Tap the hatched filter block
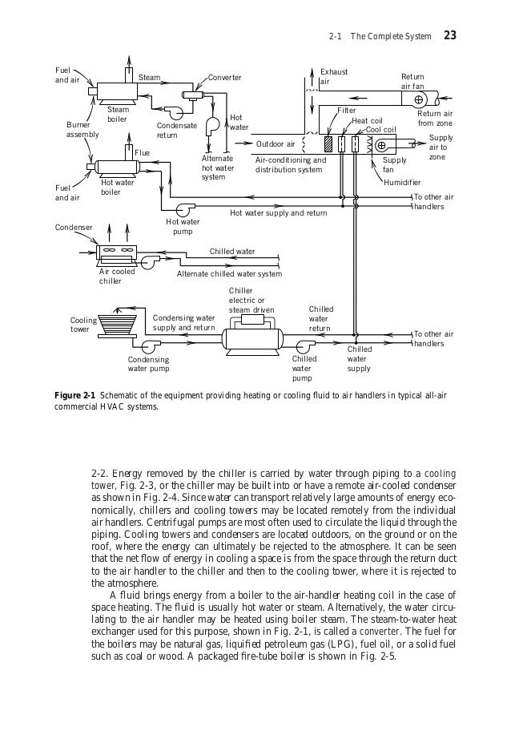pos(328,144)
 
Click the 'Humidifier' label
pos(402,183)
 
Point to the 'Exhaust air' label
pos(333,77)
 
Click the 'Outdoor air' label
pos(276,144)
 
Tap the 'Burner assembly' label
pos(82,130)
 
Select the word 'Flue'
pos(142,152)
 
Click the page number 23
pos(449,36)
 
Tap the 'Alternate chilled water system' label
pos(229,274)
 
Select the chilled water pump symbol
pos(304,345)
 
